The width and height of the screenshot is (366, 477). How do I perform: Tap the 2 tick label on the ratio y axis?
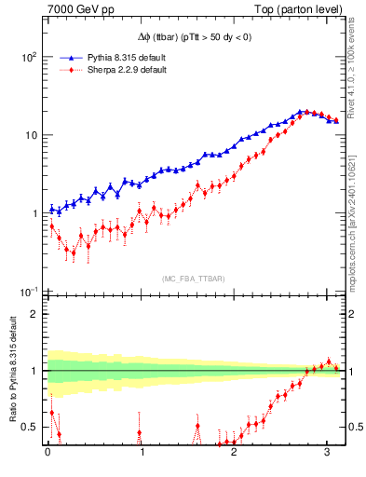click(x=32, y=314)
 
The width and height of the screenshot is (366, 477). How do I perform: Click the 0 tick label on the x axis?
click(x=48, y=455)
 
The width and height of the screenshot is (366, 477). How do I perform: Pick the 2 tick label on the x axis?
click(x=235, y=455)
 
